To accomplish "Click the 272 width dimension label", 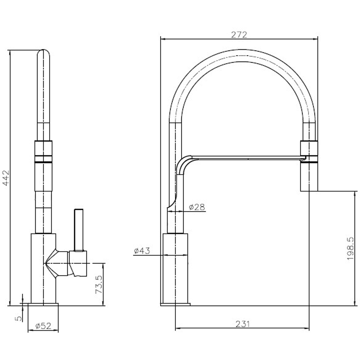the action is (239, 35).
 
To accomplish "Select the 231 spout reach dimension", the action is (242, 324).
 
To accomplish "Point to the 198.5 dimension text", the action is (351, 248).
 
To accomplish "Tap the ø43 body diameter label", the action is (142, 251).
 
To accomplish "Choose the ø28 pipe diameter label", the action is (197, 207).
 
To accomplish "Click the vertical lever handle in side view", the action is (78, 230).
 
